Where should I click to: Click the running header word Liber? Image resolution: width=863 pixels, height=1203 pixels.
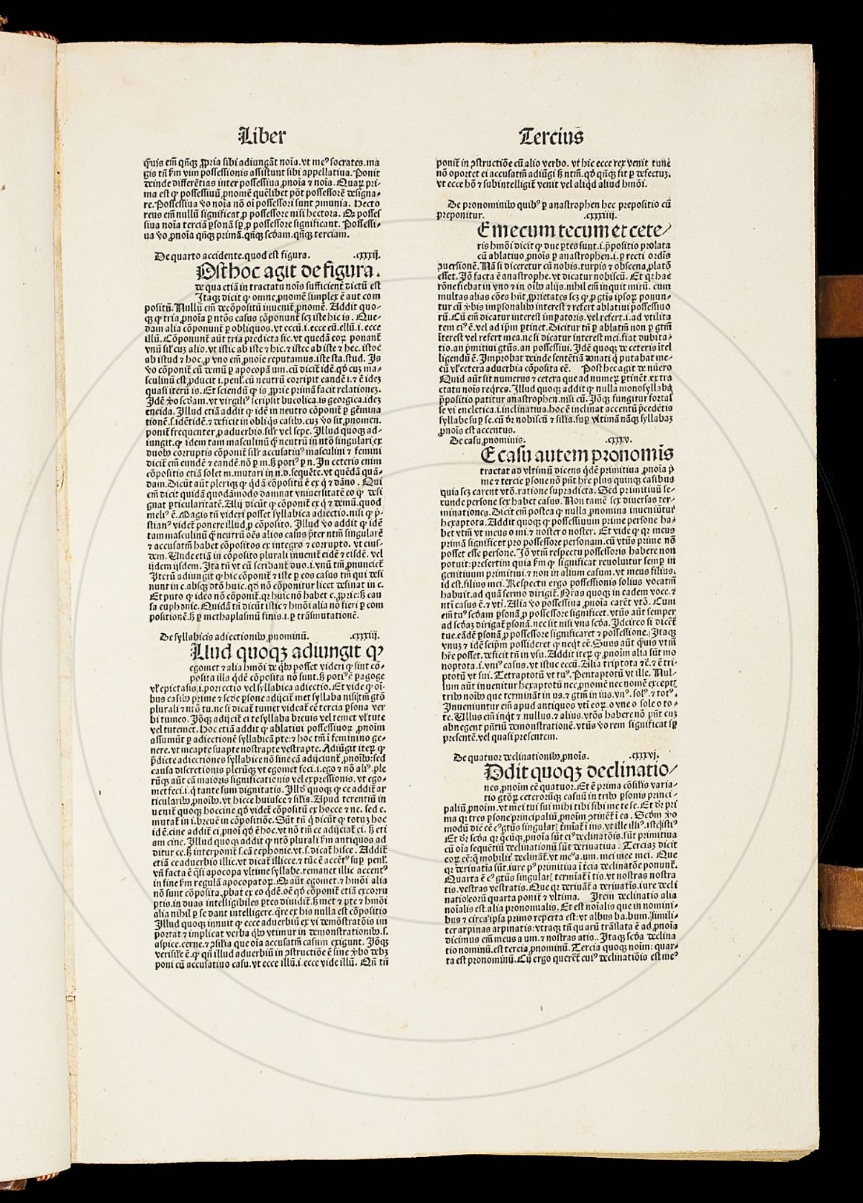pyautogui.click(x=261, y=135)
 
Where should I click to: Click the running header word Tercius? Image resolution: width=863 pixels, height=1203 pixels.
pyautogui.click(x=551, y=135)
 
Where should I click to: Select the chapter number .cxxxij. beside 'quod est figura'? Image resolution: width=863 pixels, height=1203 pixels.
pyautogui.click(x=368, y=255)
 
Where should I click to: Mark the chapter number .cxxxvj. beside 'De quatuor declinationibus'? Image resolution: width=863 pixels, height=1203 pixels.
pyautogui.click(x=643, y=755)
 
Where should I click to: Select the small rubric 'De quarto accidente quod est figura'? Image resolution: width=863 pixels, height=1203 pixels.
pyautogui.click(x=232, y=255)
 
